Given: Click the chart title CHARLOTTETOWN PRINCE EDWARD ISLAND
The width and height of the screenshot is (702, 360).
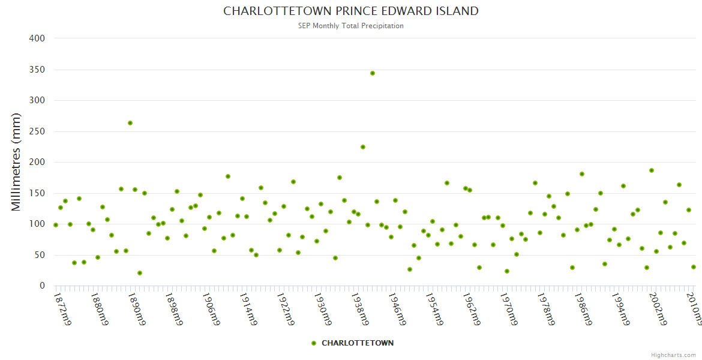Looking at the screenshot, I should click(x=351, y=11).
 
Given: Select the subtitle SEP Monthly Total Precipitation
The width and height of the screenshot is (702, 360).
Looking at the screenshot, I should click(x=351, y=26).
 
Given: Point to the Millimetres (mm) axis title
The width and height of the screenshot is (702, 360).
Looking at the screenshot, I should click(x=16, y=162).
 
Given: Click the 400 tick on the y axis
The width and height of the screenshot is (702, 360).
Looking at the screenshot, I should click(x=37, y=38).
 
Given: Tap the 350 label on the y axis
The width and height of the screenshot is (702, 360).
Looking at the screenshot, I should click(x=37, y=70).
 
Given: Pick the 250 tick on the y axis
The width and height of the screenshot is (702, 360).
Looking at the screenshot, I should click(x=37, y=131).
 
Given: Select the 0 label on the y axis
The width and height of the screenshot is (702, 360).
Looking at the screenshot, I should click(x=42, y=286).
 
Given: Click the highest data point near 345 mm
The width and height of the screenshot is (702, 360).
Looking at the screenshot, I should click(x=373, y=73).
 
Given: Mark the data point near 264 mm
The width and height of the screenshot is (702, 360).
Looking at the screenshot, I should click(x=130, y=123).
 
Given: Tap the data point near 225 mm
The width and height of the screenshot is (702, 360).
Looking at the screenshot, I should click(x=363, y=147).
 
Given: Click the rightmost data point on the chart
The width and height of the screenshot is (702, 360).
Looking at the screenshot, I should click(x=694, y=267).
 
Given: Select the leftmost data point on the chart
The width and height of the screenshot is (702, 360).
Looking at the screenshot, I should click(x=56, y=225).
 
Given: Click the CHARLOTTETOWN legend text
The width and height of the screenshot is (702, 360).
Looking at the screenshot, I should click(x=358, y=343).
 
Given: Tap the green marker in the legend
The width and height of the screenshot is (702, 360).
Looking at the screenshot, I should click(x=314, y=343).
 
